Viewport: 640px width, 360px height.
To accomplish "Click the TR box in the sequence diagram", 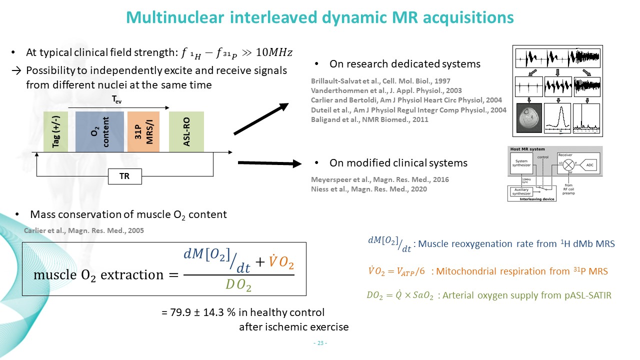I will click(124, 176).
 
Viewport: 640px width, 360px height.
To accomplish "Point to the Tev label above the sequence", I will click(116, 100).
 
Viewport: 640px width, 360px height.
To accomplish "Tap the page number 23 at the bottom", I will click(320, 343).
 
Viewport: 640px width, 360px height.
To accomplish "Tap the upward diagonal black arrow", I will click(261, 119).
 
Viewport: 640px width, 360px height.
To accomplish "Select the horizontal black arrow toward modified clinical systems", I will click(270, 163).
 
